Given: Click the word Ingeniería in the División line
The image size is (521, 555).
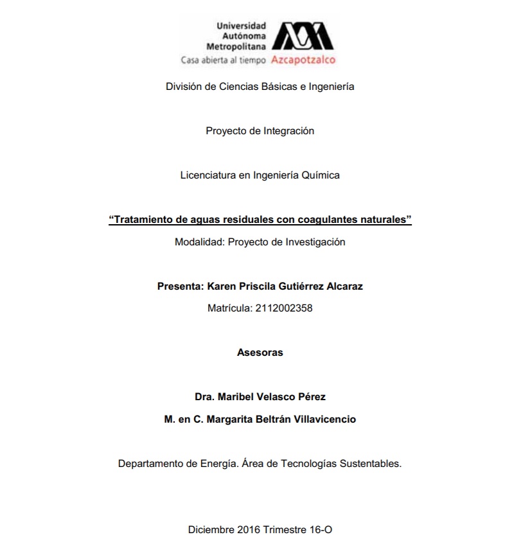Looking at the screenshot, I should [x=331, y=86].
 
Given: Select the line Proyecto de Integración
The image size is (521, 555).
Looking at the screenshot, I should [x=260, y=130].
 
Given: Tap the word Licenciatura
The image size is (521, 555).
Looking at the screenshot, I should [x=208, y=175].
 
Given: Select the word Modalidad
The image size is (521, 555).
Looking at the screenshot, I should [x=198, y=242].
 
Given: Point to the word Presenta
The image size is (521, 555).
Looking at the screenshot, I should [x=180, y=286].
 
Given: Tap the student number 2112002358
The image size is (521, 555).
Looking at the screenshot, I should [x=283, y=308].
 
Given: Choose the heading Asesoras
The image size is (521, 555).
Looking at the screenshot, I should [x=260, y=353].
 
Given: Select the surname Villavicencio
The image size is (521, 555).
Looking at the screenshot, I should [x=324, y=419].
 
